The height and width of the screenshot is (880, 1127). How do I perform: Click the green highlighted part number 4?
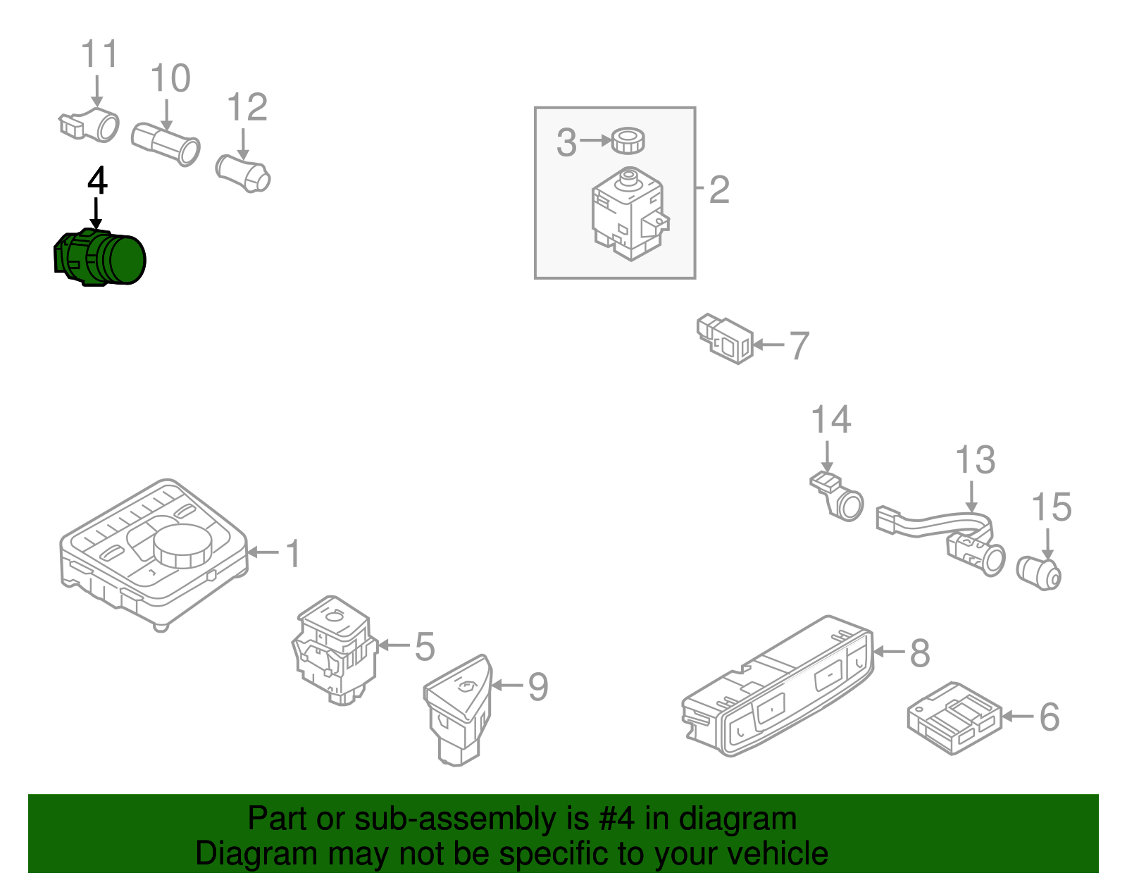[x=100, y=258]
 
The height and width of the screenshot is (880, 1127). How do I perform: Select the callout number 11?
[x=99, y=54]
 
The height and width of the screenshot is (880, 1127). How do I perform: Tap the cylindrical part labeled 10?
[x=166, y=144]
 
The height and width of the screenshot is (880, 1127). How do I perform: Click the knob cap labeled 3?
[x=627, y=140]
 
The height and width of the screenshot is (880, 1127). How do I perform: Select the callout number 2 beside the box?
[x=718, y=190]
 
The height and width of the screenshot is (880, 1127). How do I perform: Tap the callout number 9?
[x=538, y=686]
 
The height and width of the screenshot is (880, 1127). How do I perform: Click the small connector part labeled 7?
[x=725, y=339]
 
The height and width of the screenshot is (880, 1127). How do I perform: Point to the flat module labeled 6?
[x=954, y=718]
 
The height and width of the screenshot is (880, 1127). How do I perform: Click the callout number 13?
[x=975, y=460]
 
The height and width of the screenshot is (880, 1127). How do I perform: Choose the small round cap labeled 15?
[x=1040, y=572]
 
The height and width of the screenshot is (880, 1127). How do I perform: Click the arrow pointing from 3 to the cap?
[x=595, y=141]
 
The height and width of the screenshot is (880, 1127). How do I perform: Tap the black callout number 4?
[x=97, y=181]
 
